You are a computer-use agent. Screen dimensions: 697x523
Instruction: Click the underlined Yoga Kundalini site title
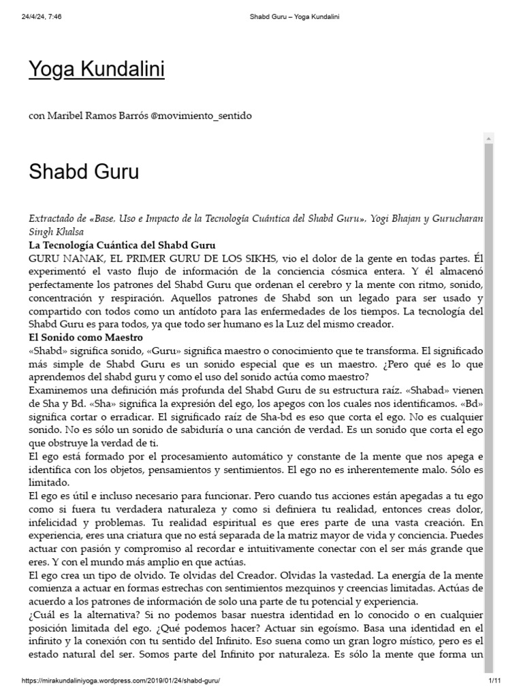pyautogui.click(x=96, y=69)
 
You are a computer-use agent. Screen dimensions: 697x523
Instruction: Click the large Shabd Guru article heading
pyautogui.click(x=84, y=171)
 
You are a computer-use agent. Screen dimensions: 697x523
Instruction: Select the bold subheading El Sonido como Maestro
pyautogui.click(x=85, y=337)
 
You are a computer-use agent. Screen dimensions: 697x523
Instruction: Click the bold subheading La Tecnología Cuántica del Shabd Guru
pyautogui.click(x=122, y=245)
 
